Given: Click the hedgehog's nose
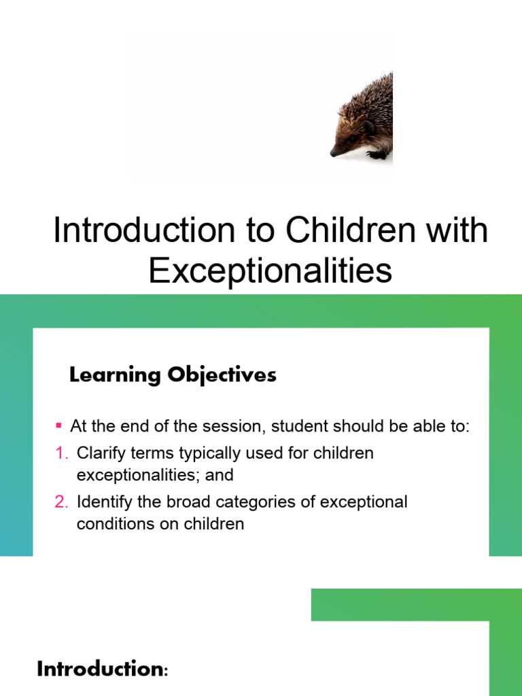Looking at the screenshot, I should pyautogui.click(x=332, y=153).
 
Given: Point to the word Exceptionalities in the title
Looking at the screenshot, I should pyautogui.click(x=270, y=270).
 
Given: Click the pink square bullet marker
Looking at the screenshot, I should pyautogui.click(x=58, y=426).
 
